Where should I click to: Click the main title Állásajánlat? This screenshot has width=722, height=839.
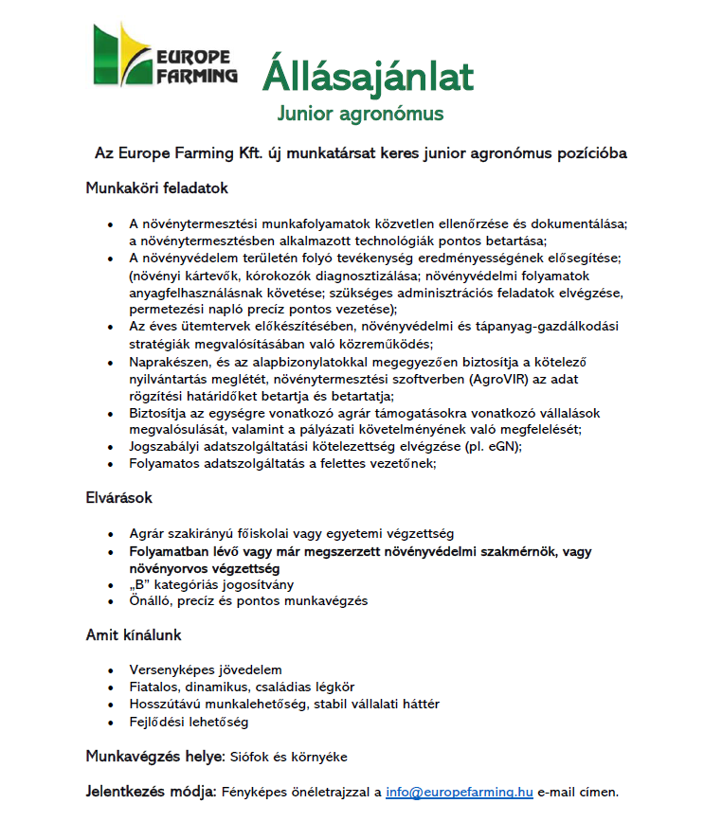coord(368,75)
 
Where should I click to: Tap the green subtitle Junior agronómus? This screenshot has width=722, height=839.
coord(360,115)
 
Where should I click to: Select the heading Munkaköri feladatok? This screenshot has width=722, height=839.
coord(157,188)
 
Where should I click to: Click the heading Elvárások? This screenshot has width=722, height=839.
coord(119,497)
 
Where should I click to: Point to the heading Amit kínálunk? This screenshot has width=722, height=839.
coord(134,634)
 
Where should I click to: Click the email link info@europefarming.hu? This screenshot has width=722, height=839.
coord(460,792)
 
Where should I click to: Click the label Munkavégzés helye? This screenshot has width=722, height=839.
coord(153,757)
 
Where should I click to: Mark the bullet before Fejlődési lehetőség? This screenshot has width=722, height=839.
coord(113,722)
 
